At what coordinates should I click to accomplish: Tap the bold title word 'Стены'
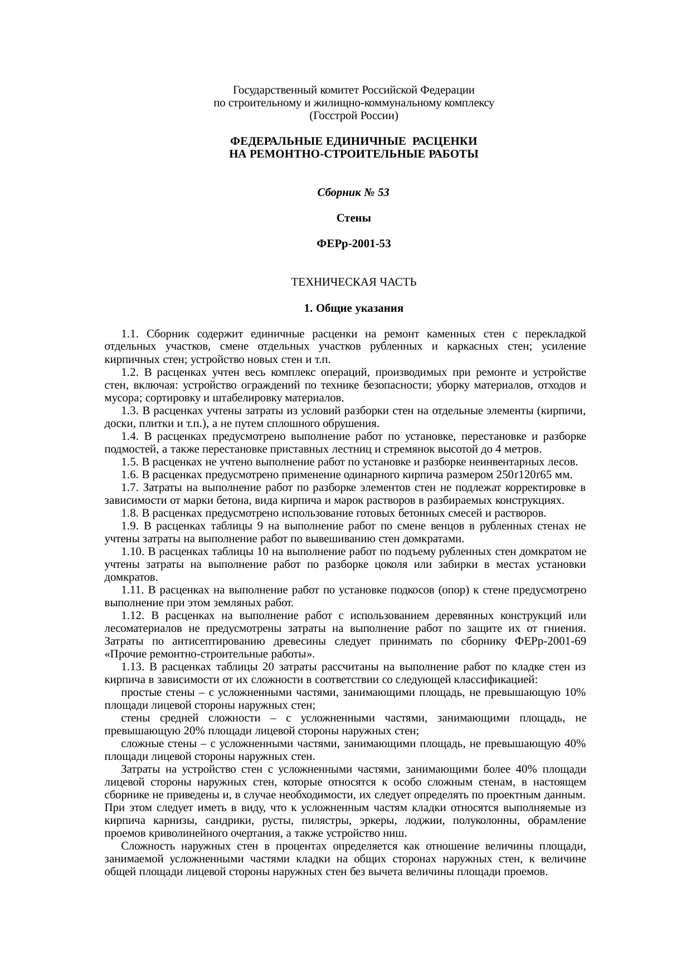pos(353,218)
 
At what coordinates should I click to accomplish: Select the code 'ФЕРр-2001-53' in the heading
pos(353,244)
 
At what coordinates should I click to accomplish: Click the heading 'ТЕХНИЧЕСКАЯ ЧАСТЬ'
pos(353,282)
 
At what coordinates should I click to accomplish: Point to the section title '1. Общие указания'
pos(353,308)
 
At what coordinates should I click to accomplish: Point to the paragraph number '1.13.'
pos(133,667)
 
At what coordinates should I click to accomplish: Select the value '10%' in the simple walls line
pos(575,693)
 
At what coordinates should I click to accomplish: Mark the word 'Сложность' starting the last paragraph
pos(143,846)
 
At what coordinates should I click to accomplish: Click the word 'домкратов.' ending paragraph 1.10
pos(126,577)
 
